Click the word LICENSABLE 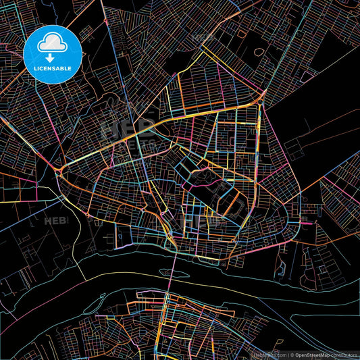[53, 68]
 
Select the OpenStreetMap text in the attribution [313, 355]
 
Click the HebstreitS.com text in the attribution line [270, 355]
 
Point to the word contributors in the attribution [345, 355]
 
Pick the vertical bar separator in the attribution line [288, 355]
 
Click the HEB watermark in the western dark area [53, 221]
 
